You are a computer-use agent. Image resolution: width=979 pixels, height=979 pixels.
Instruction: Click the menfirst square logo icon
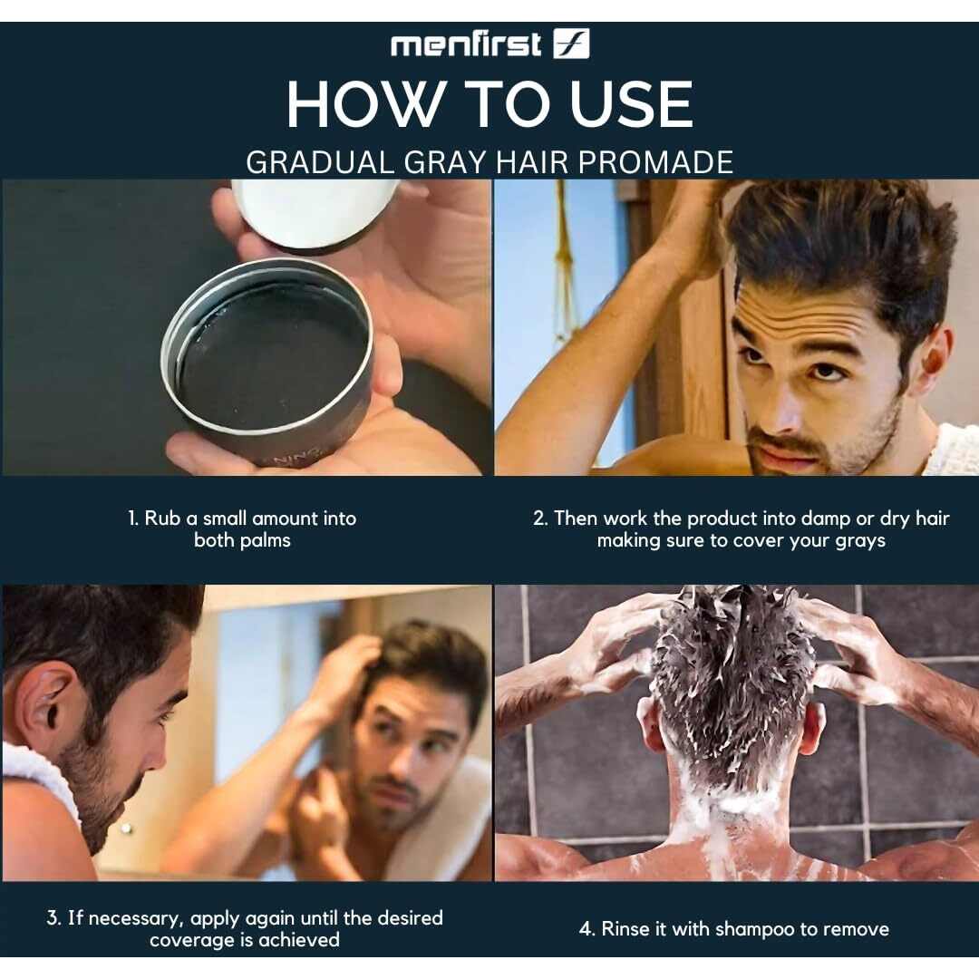(x=571, y=44)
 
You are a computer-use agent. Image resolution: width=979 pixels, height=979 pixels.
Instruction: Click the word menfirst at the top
(x=466, y=45)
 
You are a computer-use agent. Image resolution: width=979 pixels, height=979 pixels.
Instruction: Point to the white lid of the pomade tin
(x=315, y=212)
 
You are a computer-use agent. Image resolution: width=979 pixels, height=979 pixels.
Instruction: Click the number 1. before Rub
(x=133, y=519)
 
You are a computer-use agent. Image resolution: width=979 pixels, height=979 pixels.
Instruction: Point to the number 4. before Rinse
(x=586, y=929)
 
